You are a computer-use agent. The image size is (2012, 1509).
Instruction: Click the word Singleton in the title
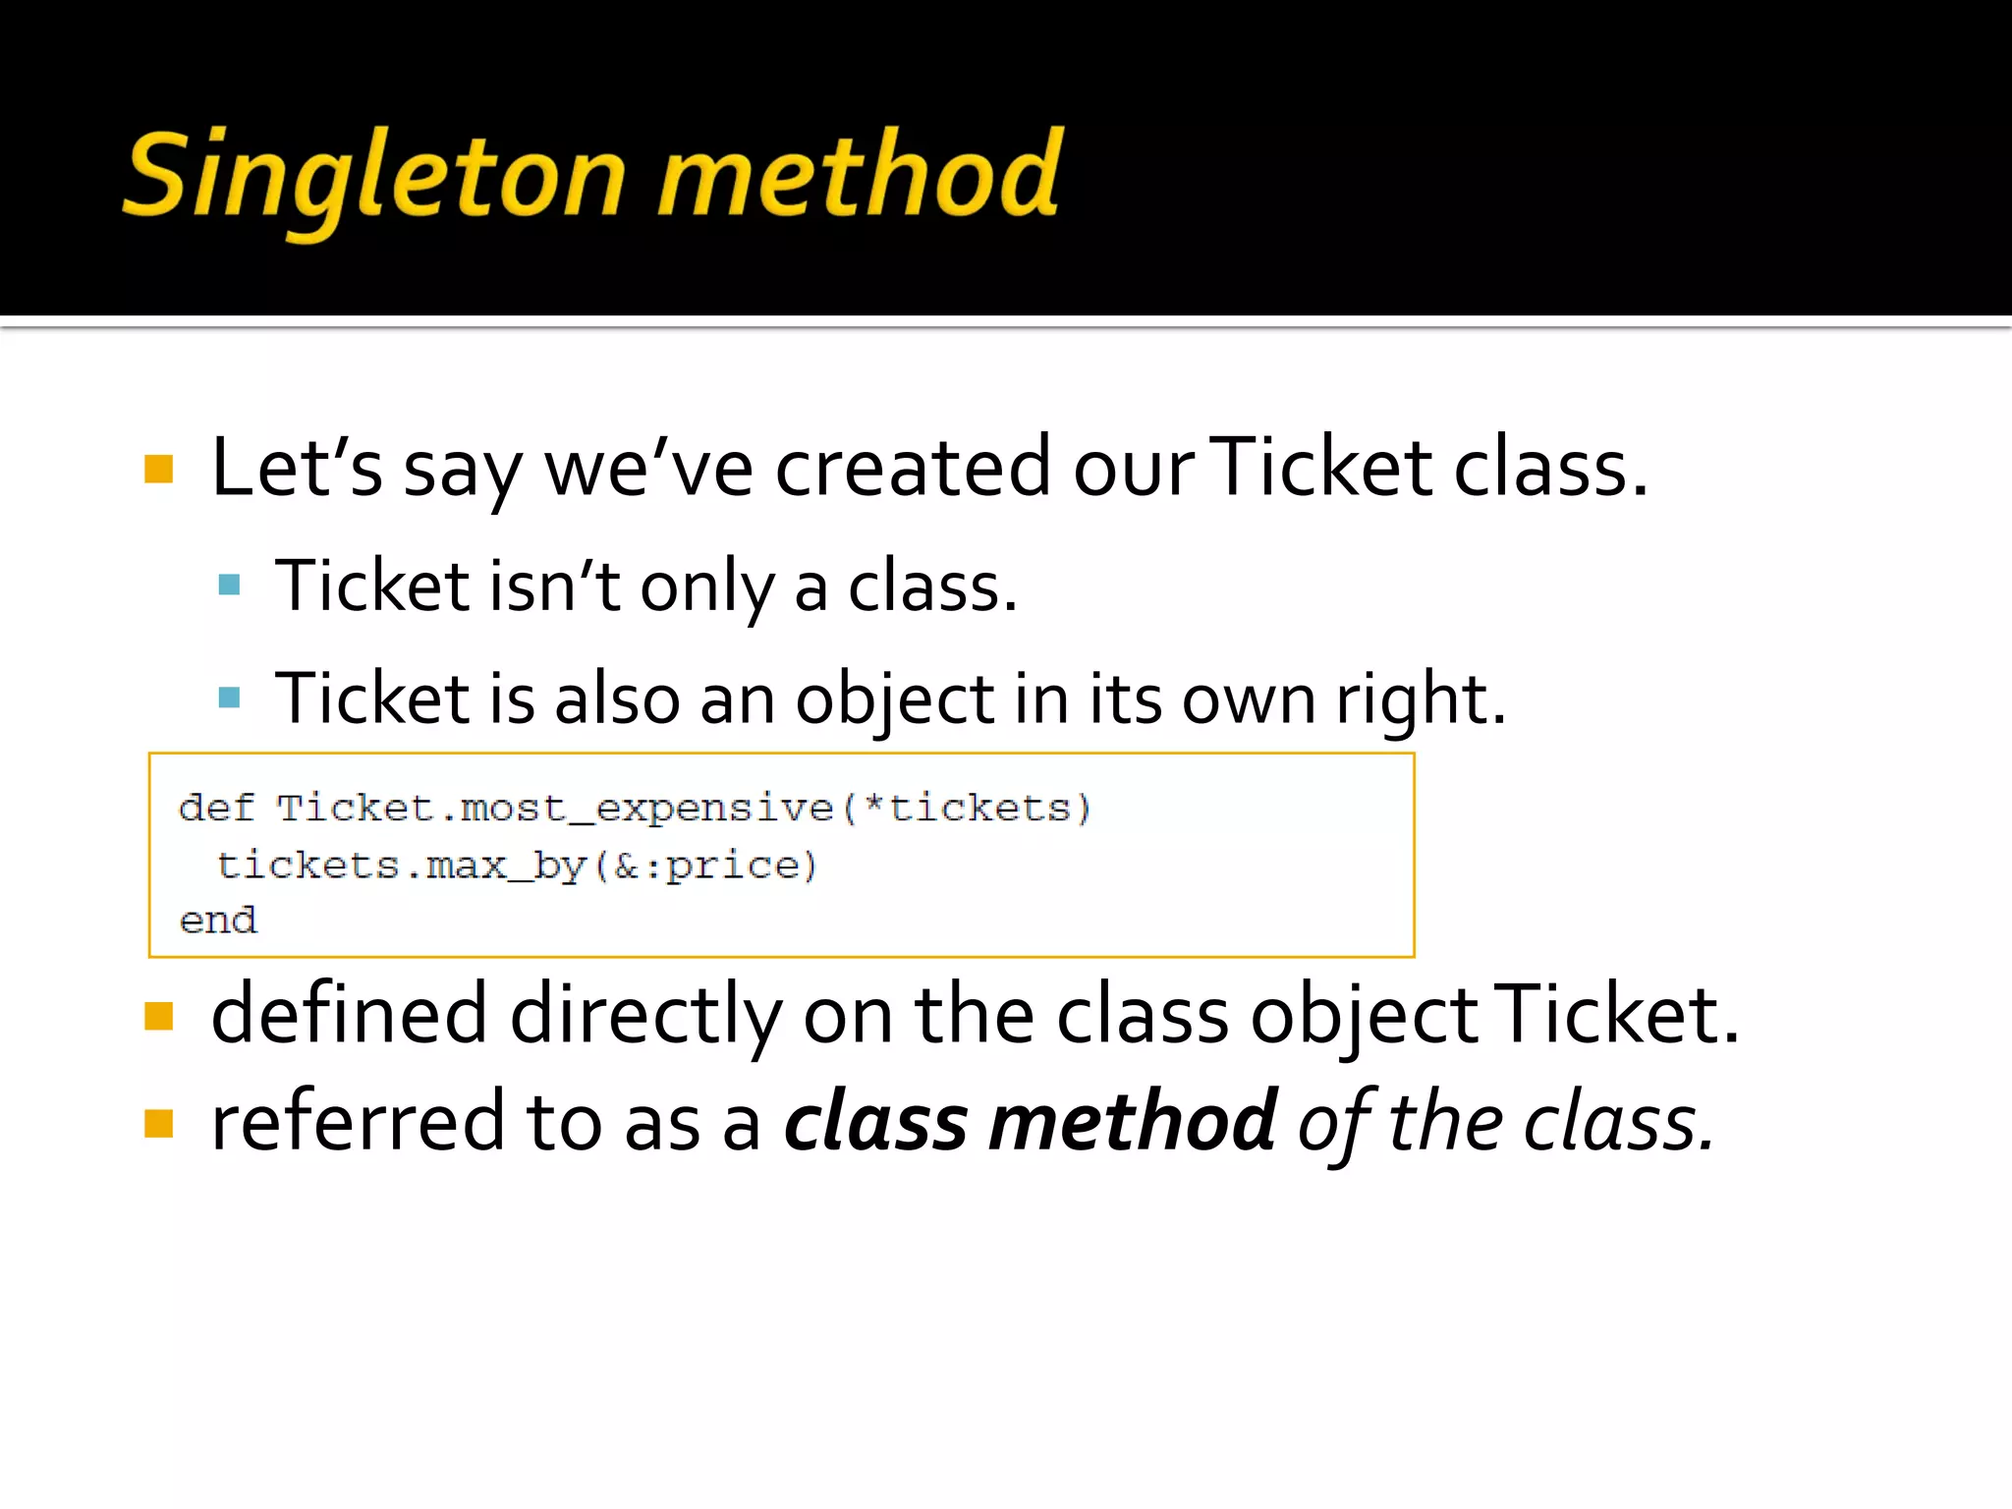tap(374, 177)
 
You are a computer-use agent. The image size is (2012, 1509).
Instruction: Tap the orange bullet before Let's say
tap(158, 469)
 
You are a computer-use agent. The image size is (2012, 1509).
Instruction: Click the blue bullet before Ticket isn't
tap(230, 586)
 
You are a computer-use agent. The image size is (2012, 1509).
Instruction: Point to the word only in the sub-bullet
tap(706, 587)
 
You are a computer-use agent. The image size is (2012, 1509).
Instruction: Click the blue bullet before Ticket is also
tap(230, 698)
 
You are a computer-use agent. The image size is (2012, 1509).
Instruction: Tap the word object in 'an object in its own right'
tap(894, 699)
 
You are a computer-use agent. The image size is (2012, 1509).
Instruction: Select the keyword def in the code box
tap(216, 808)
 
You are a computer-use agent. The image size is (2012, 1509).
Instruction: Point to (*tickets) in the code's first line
tap(967, 808)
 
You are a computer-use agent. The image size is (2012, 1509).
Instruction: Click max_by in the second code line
tap(506, 866)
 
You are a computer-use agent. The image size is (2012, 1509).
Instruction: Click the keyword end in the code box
tap(218, 921)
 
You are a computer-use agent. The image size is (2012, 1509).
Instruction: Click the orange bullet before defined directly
tap(158, 1016)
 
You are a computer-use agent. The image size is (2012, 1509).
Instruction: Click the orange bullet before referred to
tap(158, 1122)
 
